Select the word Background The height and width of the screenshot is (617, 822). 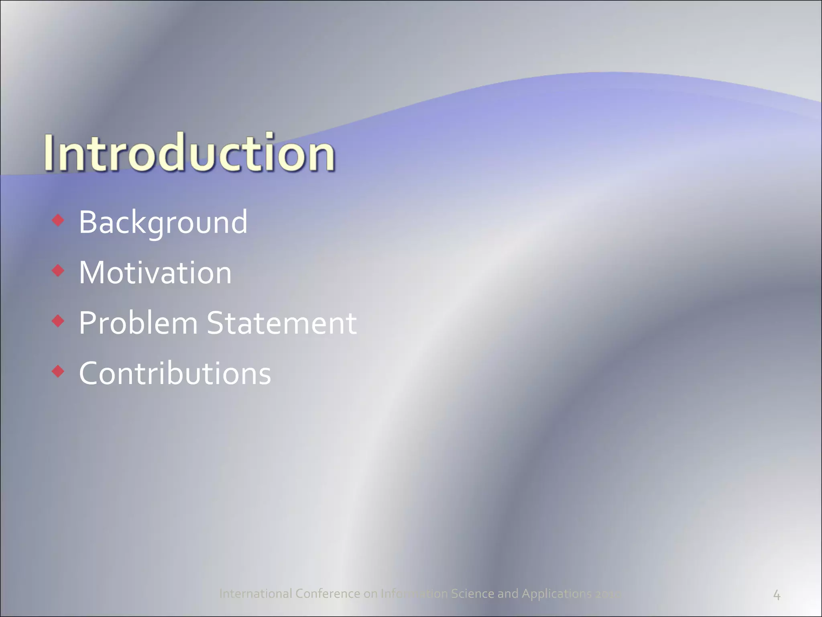[163, 222]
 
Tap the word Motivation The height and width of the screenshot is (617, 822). [155, 273]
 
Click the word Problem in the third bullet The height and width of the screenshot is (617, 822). [138, 323]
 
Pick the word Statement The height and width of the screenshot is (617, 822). [281, 323]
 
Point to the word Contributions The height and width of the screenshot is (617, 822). [175, 374]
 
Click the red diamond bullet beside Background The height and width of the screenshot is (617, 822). [58, 220]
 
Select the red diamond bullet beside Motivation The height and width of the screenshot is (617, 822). [58, 271]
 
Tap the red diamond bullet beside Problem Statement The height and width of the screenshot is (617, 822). [58, 321]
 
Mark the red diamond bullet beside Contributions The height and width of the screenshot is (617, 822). [58, 372]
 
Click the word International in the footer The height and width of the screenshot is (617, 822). [256, 593]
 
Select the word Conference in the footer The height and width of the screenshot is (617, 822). [328, 593]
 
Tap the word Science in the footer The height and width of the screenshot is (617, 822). [472, 593]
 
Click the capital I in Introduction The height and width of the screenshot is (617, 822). [49, 152]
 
